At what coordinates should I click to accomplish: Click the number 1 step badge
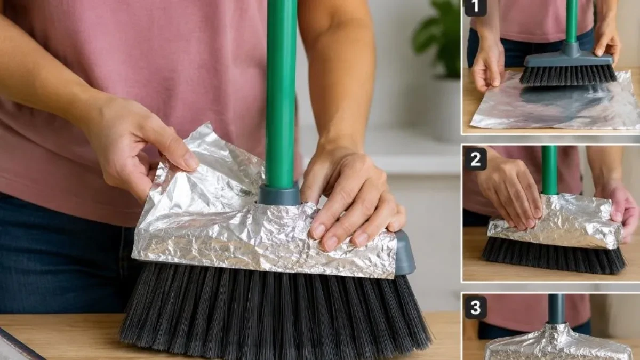pyautogui.click(x=475, y=7)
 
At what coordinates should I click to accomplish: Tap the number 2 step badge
pyautogui.click(x=475, y=159)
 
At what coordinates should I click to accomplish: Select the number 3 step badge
pyautogui.click(x=475, y=307)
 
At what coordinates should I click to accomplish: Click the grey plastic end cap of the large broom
pyautogui.click(x=405, y=252)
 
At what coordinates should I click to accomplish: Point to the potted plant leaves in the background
pyautogui.click(x=437, y=37)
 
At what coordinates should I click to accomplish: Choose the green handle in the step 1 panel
pyautogui.click(x=571, y=21)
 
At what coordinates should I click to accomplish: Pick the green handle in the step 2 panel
pyautogui.click(x=549, y=170)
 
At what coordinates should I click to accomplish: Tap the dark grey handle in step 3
pyautogui.click(x=556, y=309)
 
